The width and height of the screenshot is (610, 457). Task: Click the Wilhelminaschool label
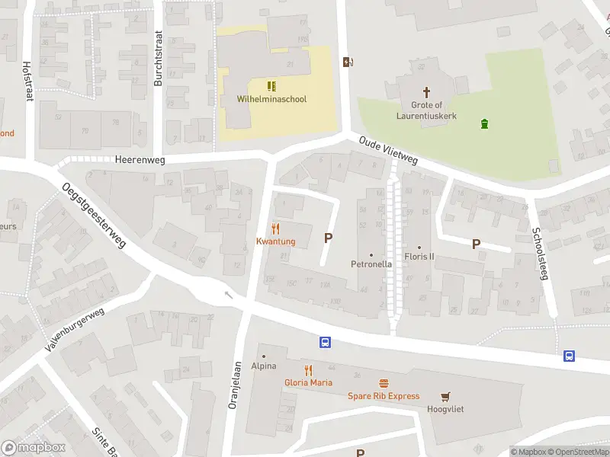point(271,99)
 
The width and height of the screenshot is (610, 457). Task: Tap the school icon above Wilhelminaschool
point(271,86)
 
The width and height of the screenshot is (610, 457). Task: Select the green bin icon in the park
point(484,123)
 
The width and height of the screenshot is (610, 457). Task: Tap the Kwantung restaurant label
point(275,241)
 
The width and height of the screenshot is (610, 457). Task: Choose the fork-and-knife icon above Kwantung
point(275,228)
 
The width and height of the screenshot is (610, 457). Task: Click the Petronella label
point(371,264)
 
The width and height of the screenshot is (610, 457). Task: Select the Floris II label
point(419,257)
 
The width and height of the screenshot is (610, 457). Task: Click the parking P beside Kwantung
point(328,238)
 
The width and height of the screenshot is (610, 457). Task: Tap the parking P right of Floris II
point(477,244)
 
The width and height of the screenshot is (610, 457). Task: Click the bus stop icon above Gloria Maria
point(325,343)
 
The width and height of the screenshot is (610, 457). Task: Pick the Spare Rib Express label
point(384,396)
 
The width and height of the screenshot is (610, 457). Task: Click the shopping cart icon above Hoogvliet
point(445,396)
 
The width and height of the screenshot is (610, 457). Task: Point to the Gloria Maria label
point(308,382)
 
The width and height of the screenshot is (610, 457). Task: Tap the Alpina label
point(264,366)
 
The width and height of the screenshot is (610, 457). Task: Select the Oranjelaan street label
point(234,385)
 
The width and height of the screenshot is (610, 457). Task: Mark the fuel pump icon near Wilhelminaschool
point(348,62)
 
